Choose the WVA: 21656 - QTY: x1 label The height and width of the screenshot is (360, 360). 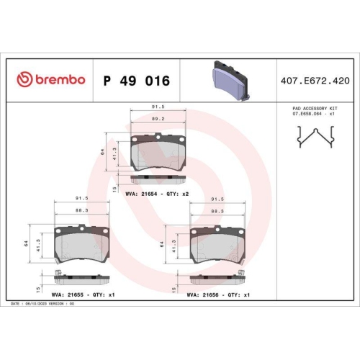click(x=217, y=294)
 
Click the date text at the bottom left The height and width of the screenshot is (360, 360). click(x=43, y=303)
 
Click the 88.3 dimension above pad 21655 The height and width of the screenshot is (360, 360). click(x=82, y=211)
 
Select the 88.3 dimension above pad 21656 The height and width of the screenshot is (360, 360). click(x=217, y=211)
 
